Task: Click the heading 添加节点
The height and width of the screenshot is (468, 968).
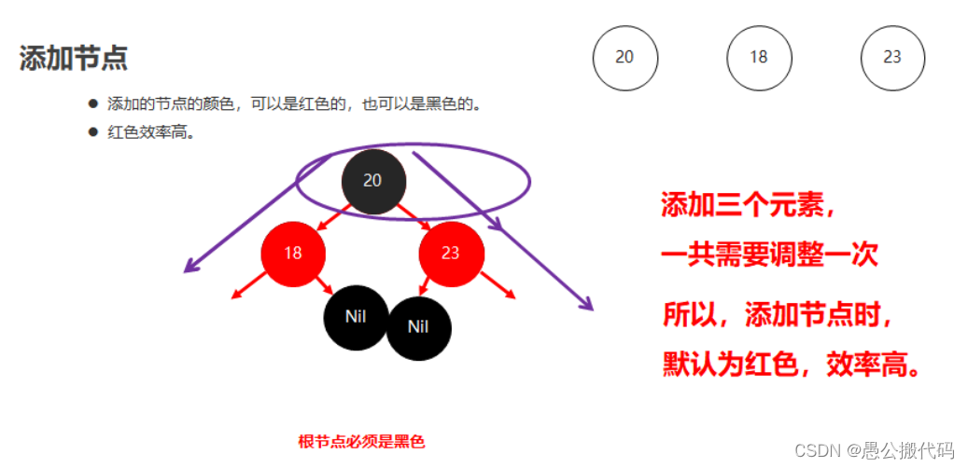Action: (73, 58)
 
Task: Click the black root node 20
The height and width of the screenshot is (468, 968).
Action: (372, 181)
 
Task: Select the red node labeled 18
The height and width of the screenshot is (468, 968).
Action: (293, 253)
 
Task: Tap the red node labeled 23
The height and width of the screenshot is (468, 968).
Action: (451, 253)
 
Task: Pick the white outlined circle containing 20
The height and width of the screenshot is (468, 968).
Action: (624, 57)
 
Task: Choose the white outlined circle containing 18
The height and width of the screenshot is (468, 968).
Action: (758, 57)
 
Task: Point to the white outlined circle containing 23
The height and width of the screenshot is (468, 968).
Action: (892, 57)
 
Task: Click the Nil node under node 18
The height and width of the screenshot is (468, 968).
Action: (356, 316)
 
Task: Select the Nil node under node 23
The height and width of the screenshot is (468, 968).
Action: (418, 327)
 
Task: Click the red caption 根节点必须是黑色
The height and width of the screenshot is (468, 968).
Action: (361, 441)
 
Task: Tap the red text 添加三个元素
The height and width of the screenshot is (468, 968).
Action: (748, 205)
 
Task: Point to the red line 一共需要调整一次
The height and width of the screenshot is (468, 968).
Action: (769, 255)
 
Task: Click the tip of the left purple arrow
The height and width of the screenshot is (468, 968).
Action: (186, 271)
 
